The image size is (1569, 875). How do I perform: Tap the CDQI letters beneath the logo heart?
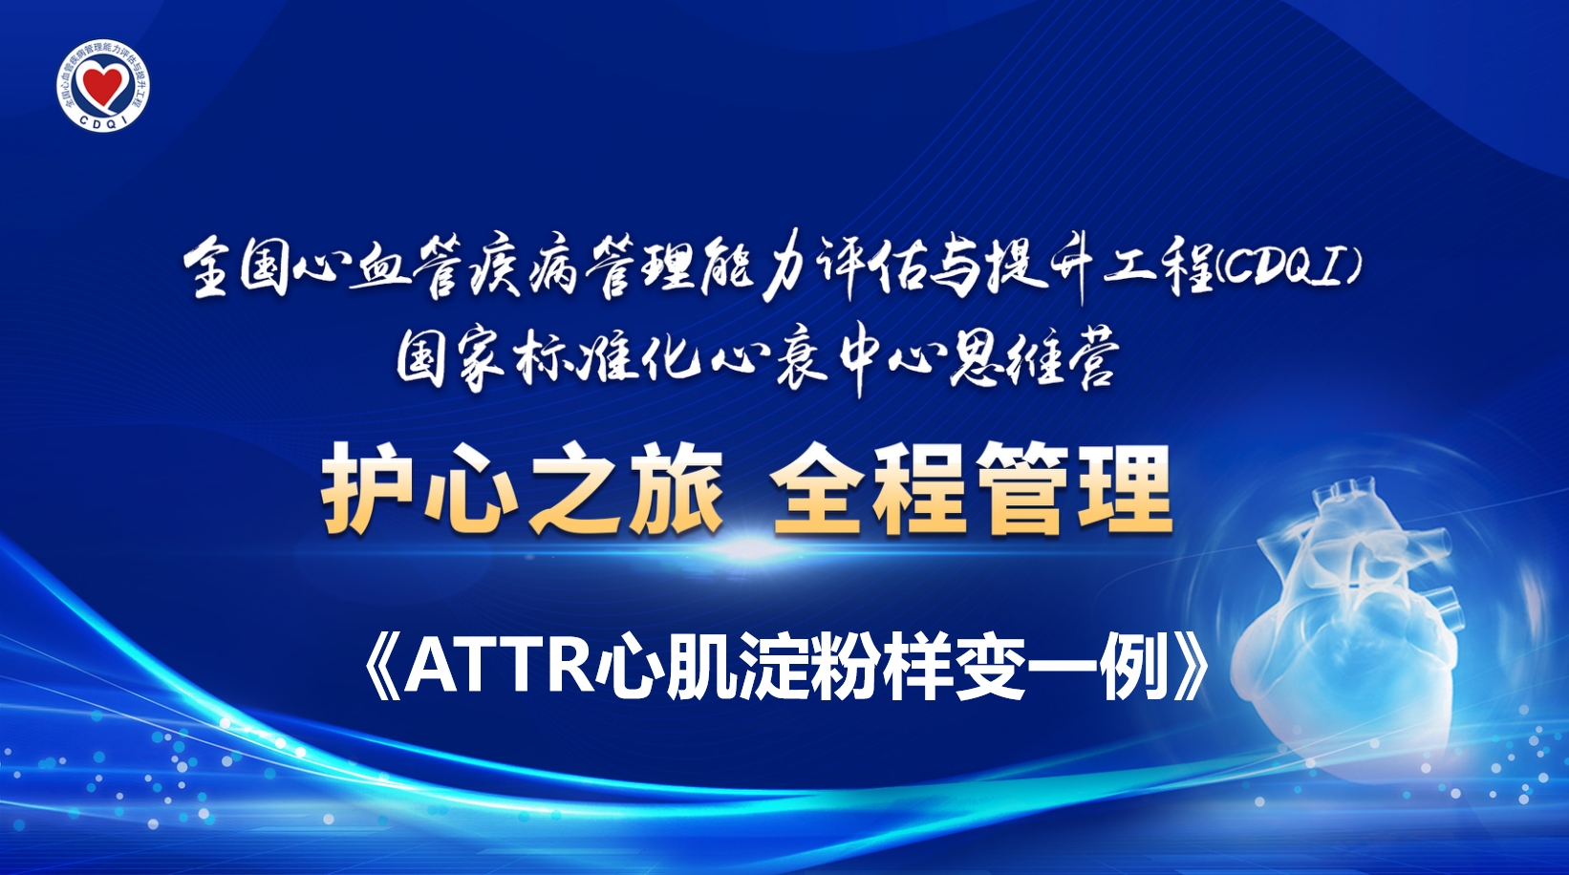[x=103, y=119]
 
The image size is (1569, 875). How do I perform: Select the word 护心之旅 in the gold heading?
[x=522, y=491]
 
